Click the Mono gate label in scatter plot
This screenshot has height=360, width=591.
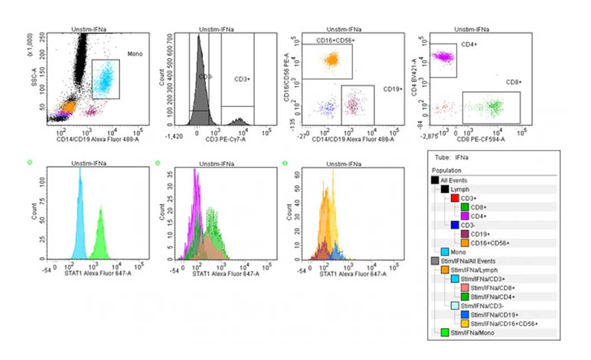tap(135, 54)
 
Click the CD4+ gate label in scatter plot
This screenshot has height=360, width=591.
tap(468, 44)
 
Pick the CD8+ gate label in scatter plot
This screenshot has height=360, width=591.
tap(513, 82)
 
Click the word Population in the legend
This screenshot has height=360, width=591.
tap(447, 170)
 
